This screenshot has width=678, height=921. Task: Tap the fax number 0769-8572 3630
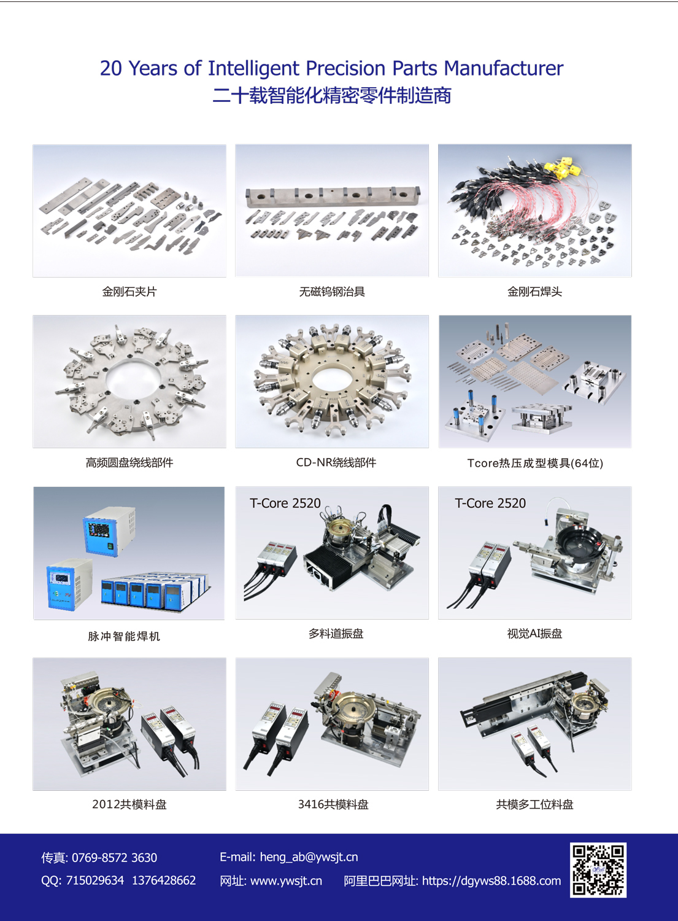pos(114,857)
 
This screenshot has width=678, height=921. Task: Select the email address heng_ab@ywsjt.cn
pos(309,857)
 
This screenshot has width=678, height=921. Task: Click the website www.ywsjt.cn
pos(286,880)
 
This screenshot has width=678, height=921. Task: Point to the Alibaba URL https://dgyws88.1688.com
pos(491,880)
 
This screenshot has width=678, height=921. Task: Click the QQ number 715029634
pos(95,880)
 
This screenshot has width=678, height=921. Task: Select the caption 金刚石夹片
pos(129,292)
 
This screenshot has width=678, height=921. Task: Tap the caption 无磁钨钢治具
pos(332,292)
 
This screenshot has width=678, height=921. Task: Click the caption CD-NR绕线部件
pos(336,462)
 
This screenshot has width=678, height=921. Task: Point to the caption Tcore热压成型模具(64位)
pos(535,463)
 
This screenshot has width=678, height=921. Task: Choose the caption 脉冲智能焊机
pos(124,636)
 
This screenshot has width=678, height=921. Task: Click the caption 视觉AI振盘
pos(534,633)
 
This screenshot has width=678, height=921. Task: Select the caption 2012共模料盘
pos(129,804)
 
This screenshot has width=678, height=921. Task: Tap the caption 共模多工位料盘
pos(534,804)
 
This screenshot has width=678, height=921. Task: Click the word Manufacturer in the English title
pos(504,68)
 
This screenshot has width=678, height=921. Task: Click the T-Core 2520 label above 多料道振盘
pos(285,503)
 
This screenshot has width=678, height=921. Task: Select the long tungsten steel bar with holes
pos(333,196)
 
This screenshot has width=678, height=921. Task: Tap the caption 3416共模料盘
pos(333,804)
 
